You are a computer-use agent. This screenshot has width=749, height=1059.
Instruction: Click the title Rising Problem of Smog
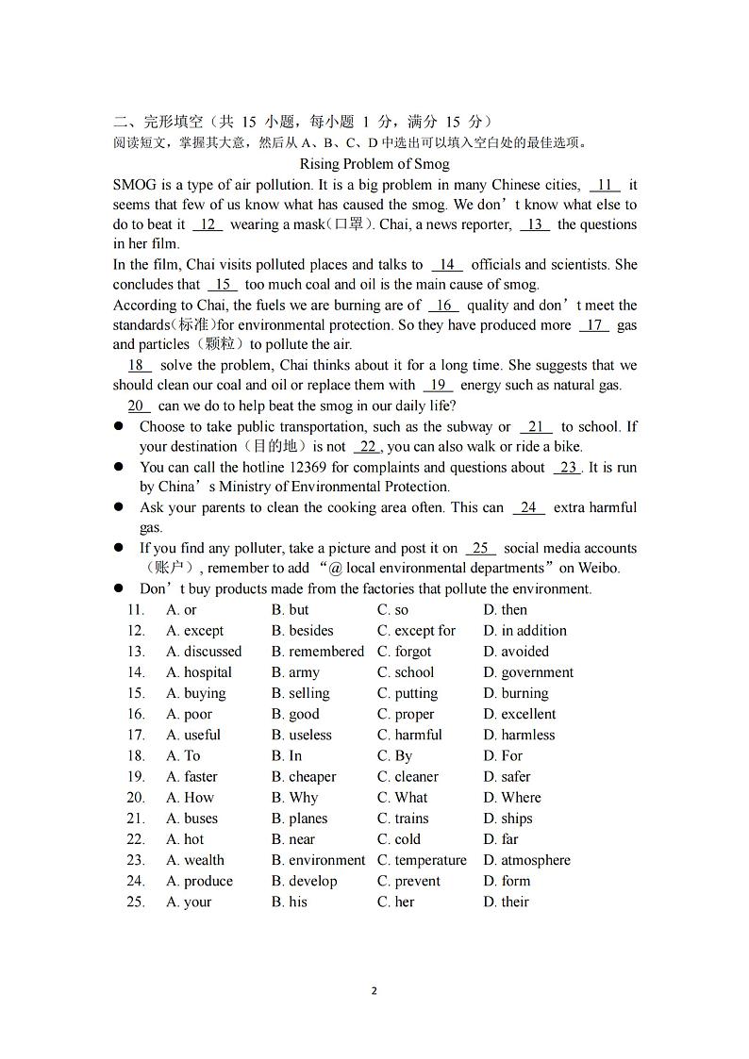[374, 164]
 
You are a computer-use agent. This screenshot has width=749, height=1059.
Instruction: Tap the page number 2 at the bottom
[374, 991]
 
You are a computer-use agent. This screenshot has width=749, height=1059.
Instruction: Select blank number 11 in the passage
[605, 185]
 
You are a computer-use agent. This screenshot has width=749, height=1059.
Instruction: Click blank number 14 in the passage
[446, 265]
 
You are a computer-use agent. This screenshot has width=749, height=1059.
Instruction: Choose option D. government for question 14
[527, 672]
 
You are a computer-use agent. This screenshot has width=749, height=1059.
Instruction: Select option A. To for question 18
[183, 755]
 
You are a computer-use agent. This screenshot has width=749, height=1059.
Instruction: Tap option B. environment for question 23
[318, 860]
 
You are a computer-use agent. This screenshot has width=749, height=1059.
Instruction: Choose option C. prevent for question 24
[408, 881]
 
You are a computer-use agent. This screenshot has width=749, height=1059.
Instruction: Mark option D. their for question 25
[506, 902]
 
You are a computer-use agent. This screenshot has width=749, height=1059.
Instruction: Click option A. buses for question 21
[191, 819]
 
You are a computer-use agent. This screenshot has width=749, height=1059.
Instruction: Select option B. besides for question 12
[302, 631]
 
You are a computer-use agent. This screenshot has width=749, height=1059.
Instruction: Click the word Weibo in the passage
[599, 568]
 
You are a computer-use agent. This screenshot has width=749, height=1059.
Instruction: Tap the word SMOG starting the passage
[134, 185]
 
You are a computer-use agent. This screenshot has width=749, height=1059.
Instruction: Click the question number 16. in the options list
[136, 714]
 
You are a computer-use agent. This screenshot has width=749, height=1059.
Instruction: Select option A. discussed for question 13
[204, 652]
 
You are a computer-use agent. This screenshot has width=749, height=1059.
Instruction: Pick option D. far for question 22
[501, 839]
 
